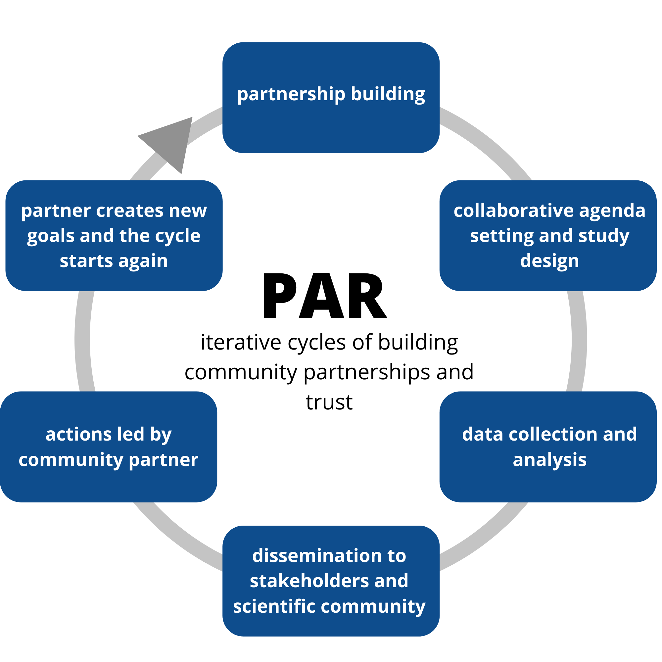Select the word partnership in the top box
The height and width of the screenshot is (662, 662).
[x=291, y=94]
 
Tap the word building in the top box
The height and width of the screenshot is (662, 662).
[x=388, y=94]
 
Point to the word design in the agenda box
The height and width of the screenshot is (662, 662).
[x=549, y=261]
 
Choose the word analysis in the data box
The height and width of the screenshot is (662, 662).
[x=549, y=459]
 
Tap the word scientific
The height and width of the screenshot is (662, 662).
[x=274, y=606]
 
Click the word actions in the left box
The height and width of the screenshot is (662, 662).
[x=78, y=434]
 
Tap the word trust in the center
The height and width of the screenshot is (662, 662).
[x=329, y=402]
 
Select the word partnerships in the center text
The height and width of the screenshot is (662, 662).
[x=367, y=372]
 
